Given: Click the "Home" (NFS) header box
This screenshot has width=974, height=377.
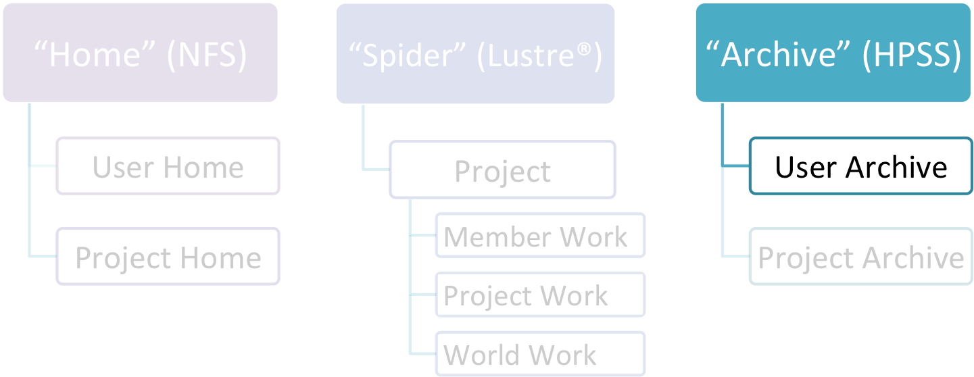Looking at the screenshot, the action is click(x=140, y=53).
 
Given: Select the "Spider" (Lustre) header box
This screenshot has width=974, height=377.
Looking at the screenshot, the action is click(x=475, y=53).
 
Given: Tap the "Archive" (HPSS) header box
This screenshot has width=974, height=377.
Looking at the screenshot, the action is click(x=833, y=53).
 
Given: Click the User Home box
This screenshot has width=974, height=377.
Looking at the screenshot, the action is click(x=168, y=166).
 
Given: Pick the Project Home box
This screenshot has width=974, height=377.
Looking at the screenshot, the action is click(x=168, y=256).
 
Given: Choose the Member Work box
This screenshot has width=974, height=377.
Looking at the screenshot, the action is click(x=541, y=235).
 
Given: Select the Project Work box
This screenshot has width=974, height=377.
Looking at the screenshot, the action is click(x=541, y=295).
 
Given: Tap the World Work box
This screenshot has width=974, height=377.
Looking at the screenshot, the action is click(x=541, y=354).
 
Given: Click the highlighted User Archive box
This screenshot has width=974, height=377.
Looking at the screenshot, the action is click(x=861, y=166).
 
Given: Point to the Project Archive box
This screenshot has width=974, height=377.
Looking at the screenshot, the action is click(x=861, y=256).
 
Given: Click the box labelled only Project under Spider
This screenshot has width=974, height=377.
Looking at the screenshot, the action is click(x=503, y=170).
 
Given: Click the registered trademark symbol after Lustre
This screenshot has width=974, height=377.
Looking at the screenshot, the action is click(x=584, y=49).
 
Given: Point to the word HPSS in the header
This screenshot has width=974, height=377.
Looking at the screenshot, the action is click(x=912, y=55).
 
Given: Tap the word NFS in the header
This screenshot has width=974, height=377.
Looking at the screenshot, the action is click(x=207, y=55).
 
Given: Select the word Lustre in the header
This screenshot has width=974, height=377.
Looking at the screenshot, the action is click(x=531, y=55).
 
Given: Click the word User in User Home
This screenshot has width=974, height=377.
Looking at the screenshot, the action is click(x=123, y=168).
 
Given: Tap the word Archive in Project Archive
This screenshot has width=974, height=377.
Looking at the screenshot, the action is click(x=913, y=258).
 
